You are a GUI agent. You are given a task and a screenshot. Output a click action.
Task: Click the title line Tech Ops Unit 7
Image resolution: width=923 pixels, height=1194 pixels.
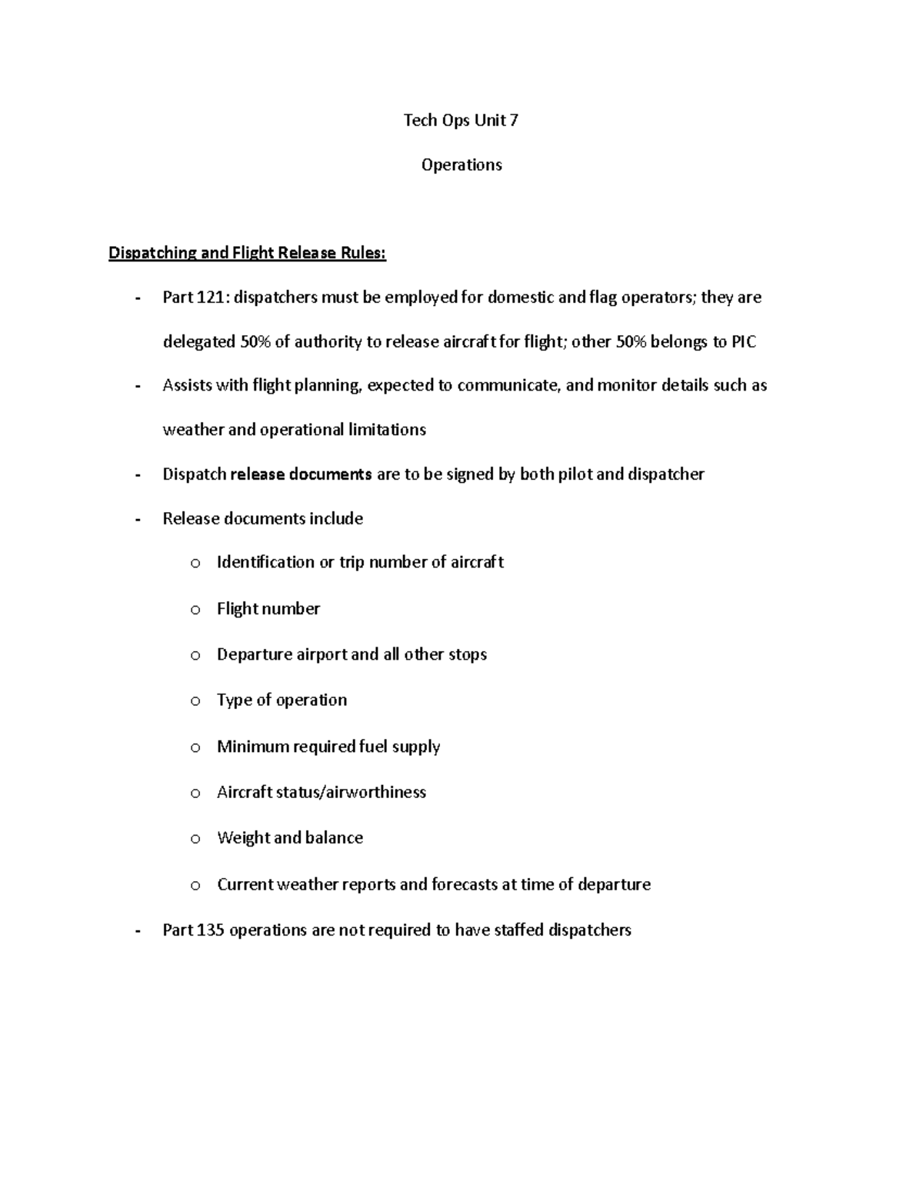pyautogui.click(x=461, y=120)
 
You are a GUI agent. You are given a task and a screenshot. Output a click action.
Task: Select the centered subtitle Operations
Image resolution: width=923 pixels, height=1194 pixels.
pyautogui.click(x=461, y=165)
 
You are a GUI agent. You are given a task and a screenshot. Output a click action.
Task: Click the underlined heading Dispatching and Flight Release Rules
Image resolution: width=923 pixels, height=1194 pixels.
pyautogui.click(x=247, y=253)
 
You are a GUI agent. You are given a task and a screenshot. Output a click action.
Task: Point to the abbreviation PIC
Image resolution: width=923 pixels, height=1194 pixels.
pyautogui.click(x=743, y=342)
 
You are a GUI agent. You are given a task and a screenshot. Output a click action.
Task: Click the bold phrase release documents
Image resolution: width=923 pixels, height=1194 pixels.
pyautogui.click(x=301, y=474)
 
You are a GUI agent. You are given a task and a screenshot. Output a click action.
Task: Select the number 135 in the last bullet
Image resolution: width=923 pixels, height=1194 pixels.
pyautogui.click(x=210, y=930)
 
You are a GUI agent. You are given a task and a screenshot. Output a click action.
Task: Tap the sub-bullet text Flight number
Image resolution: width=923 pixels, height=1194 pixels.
pyautogui.click(x=268, y=609)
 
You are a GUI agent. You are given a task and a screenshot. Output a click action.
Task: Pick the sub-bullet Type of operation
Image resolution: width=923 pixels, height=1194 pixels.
pyautogui.click(x=282, y=700)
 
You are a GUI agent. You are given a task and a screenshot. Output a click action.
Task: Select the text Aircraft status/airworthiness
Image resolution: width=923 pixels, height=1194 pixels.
pyautogui.click(x=321, y=793)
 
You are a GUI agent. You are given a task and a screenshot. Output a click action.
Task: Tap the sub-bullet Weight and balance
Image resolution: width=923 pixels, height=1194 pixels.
pyautogui.click(x=289, y=838)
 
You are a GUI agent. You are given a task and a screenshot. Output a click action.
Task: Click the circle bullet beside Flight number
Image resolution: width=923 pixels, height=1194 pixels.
pyautogui.click(x=195, y=610)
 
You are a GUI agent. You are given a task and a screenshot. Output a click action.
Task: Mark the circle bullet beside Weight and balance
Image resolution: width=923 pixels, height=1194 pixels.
pyautogui.click(x=195, y=840)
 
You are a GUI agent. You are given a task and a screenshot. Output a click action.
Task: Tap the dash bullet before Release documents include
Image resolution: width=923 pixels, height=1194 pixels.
pyautogui.click(x=138, y=520)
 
